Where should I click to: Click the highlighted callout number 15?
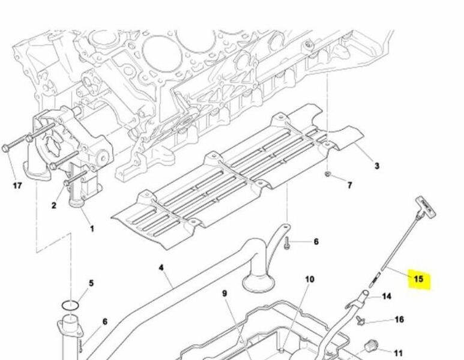[418, 278]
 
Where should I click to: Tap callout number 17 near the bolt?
[17, 186]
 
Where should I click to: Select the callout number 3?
[377, 166]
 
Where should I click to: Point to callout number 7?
[350, 185]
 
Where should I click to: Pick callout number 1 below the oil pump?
[92, 229]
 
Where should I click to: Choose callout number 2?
[53, 205]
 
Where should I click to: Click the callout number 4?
[161, 268]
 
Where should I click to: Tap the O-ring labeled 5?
[70, 305]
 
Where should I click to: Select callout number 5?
[91, 283]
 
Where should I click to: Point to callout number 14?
[387, 296]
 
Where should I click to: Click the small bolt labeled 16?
[360, 320]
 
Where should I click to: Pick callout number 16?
[399, 319]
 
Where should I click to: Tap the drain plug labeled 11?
[371, 346]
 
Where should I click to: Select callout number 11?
[399, 353]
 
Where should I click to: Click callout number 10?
[309, 279]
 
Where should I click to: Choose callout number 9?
[224, 293]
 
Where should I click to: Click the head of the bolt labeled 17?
[5, 148]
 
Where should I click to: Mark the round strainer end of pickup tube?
[257, 281]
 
